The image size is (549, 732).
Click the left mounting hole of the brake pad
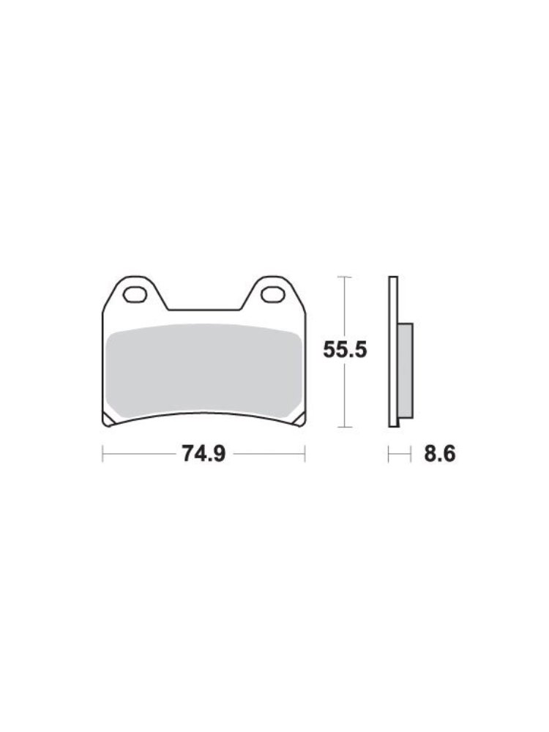coord(135,295)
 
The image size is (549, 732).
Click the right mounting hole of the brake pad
coord(272,295)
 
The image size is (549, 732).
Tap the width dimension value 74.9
coord(203,455)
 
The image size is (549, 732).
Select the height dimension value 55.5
coord(345,350)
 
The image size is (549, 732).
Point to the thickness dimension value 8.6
coord(439,455)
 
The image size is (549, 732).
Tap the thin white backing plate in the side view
coord(393,351)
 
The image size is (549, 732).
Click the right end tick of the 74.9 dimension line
coord(305,455)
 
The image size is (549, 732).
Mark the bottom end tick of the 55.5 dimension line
coord(345,427)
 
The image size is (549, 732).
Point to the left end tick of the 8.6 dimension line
coord(389,455)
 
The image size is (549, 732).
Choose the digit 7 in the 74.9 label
coord(187,455)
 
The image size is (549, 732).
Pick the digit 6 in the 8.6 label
coord(449,455)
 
